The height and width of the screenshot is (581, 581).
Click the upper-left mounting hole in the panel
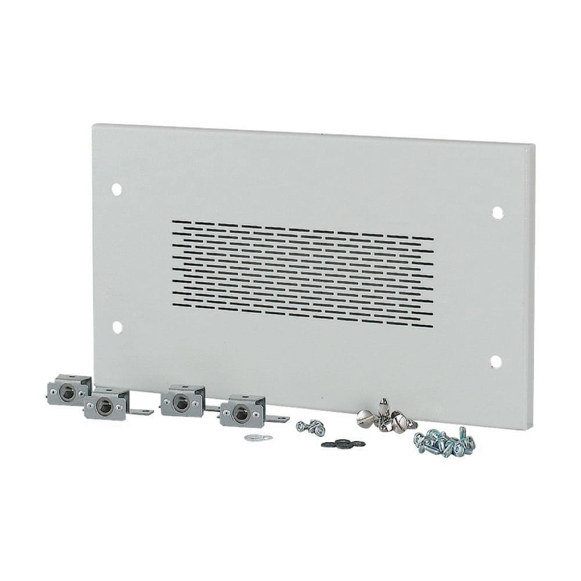[116, 189]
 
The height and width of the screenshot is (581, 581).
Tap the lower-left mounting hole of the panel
[117, 327]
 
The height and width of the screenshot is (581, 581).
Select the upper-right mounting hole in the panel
[497, 213]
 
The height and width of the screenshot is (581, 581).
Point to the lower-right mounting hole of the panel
[496, 361]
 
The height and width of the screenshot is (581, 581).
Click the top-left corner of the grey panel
[95, 124]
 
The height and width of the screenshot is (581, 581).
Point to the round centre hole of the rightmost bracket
[238, 414]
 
